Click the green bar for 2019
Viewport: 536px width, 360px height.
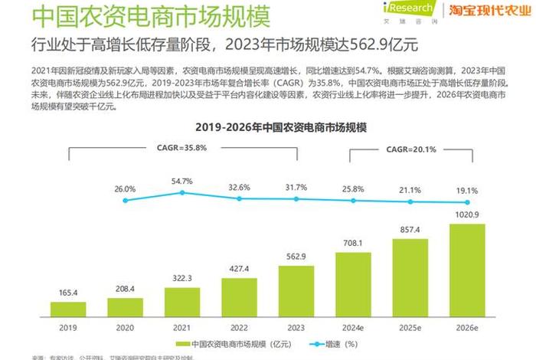pyautogui.click(x=68, y=309)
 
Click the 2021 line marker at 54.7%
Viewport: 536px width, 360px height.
pyautogui.click(x=182, y=193)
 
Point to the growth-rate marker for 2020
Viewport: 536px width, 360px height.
pyautogui.click(x=125, y=201)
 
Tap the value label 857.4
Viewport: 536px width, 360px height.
pyautogui.click(x=410, y=230)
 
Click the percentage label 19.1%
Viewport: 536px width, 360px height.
pyautogui.click(x=467, y=191)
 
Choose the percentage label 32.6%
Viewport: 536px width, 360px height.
pyautogui.click(x=239, y=186)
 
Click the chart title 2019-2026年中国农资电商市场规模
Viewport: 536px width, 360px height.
pyautogui.click(x=267, y=126)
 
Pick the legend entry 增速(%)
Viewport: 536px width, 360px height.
pyautogui.click(x=332, y=344)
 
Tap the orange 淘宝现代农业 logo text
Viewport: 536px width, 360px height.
pyautogui.click(x=489, y=10)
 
